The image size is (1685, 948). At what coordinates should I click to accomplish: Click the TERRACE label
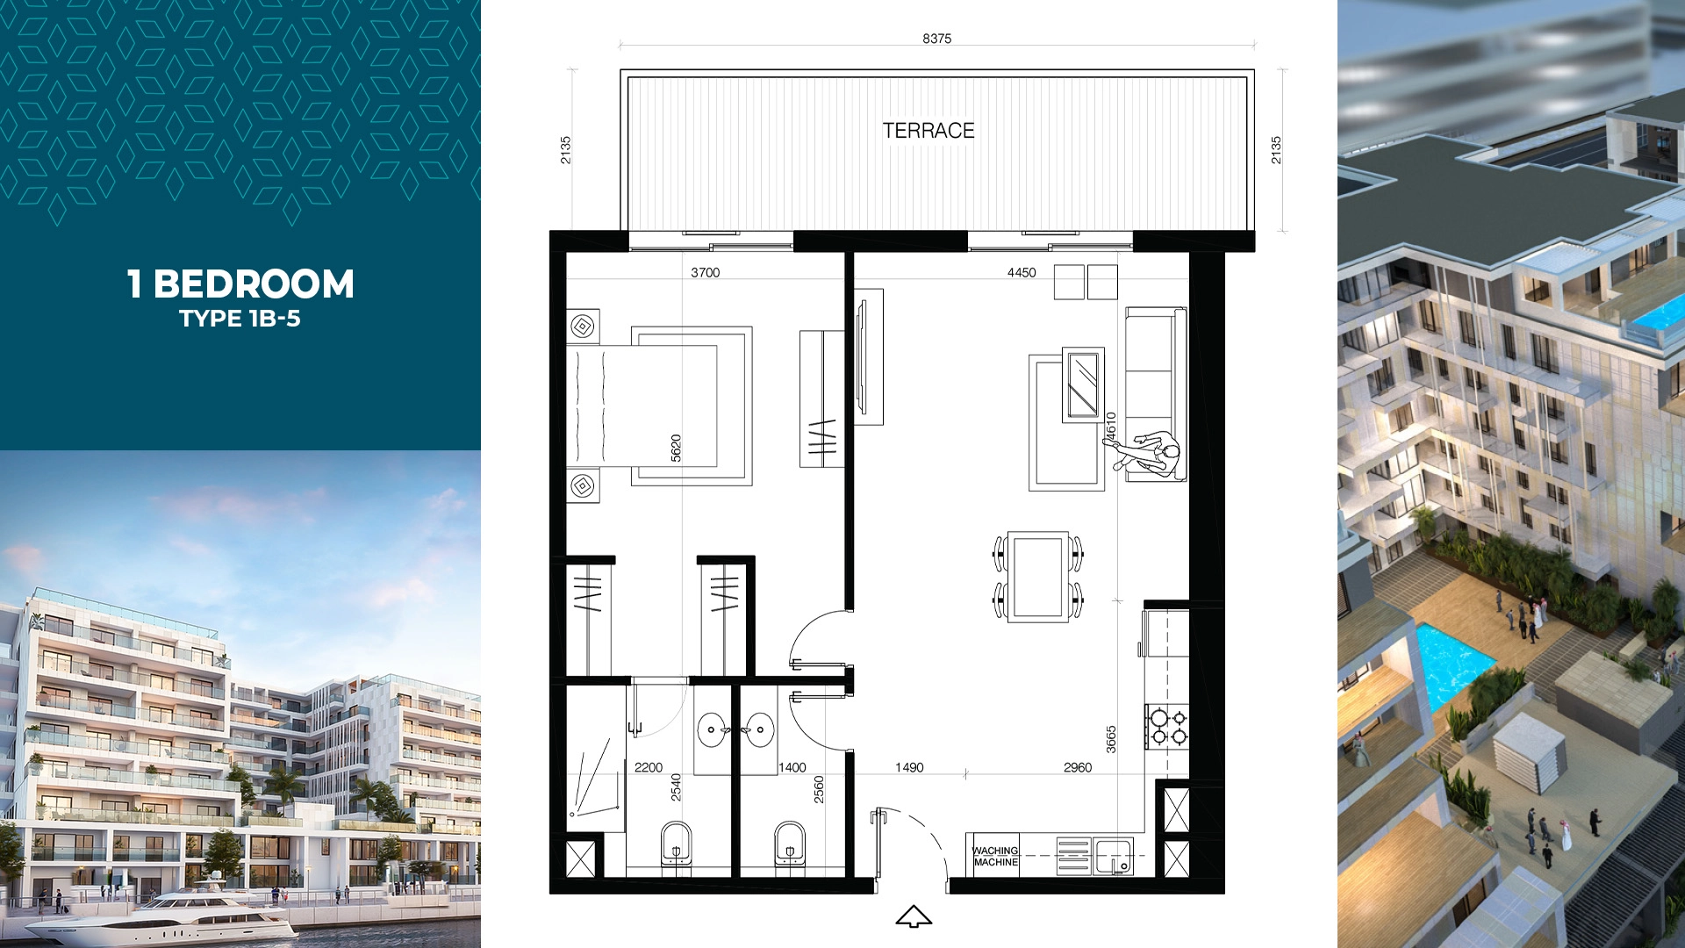click(x=929, y=131)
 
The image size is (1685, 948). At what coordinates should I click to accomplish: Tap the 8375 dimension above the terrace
click(x=937, y=39)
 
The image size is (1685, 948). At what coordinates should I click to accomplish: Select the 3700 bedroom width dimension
click(x=705, y=273)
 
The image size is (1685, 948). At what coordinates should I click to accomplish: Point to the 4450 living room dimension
click(x=1022, y=273)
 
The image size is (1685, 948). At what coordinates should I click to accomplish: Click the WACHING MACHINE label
click(x=995, y=857)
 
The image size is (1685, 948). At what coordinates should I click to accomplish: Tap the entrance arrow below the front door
click(x=914, y=916)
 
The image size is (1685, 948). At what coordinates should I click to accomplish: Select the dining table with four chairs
click(x=1038, y=577)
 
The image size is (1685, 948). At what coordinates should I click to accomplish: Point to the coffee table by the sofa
click(x=1083, y=385)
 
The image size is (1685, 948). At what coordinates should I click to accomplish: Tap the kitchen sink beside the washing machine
click(x=1114, y=857)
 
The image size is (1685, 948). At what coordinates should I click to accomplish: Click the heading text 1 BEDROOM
click(x=240, y=284)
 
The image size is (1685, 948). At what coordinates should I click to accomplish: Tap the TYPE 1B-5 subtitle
click(x=240, y=319)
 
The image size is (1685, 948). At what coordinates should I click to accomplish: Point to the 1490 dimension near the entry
click(x=909, y=768)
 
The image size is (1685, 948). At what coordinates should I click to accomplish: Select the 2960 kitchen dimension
click(x=1078, y=768)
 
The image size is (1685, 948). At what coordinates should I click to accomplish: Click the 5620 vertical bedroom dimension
click(x=676, y=449)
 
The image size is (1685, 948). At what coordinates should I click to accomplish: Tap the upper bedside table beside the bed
click(x=583, y=327)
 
